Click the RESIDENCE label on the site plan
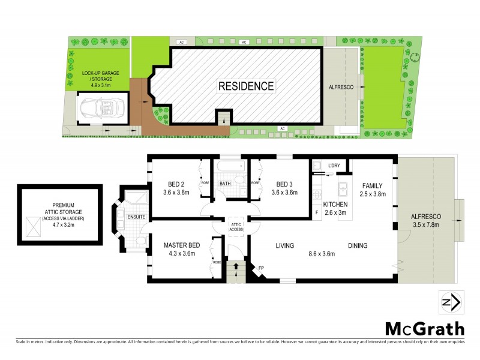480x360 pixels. [246, 86]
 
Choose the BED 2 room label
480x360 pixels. [176, 184]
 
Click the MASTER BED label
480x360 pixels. [181, 245]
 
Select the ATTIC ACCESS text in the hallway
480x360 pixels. [236, 226]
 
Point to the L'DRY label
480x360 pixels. [335, 165]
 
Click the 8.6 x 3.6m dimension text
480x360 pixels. [322, 254]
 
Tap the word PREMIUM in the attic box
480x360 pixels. [59, 206]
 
